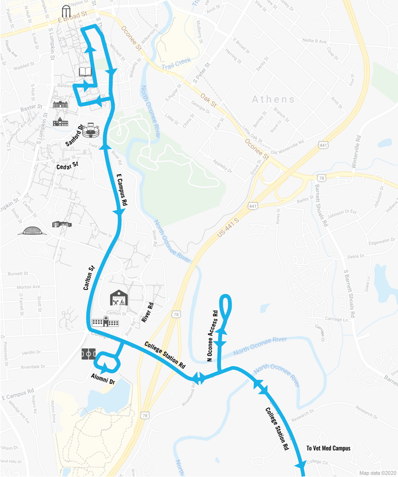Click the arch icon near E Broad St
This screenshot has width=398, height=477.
pos(66,11)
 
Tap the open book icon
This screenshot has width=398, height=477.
pos(85,72)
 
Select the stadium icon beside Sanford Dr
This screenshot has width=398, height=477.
pos(91,130)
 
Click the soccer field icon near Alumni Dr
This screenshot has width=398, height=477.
pos(89,354)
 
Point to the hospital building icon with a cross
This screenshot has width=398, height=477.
pos(105,322)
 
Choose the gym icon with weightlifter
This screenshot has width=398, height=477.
pos(119,298)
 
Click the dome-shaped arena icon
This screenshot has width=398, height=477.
pos(32,231)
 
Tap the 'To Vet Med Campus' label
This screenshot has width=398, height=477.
pos(328,448)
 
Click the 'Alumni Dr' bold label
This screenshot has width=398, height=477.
pos(103,379)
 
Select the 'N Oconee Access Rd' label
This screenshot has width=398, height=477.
pos(213,336)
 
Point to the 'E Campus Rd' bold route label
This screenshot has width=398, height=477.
pos(122,189)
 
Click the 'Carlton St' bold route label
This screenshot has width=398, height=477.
pos(89,278)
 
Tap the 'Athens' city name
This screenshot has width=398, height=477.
pos(273,99)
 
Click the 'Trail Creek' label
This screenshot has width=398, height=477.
pos(176,64)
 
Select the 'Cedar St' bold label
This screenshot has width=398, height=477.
pos(67,166)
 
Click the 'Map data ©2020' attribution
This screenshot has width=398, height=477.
pos(378,473)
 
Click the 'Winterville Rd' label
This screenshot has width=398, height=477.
pos(356,152)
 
